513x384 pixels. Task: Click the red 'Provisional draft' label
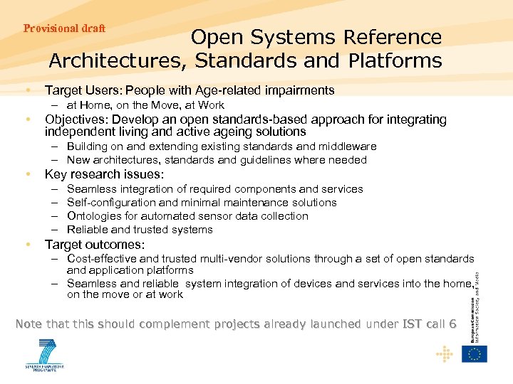coord(64,28)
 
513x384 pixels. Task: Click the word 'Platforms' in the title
coord(395,61)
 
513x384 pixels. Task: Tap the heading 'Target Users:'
coord(83,90)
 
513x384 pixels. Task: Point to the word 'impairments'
coord(299,90)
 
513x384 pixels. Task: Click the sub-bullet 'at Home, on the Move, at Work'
coord(145,105)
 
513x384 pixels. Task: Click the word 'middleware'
coord(345,146)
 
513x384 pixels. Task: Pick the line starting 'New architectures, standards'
coord(217,160)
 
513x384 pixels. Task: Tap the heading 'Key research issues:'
coord(104,174)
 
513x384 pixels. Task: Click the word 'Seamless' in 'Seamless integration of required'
coord(90,189)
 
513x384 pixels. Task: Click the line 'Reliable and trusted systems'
coord(140,230)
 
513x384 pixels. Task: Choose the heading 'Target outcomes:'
coord(94,245)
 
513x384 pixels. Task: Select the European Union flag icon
coord(475,353)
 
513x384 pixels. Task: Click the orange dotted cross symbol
coord(444,353)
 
